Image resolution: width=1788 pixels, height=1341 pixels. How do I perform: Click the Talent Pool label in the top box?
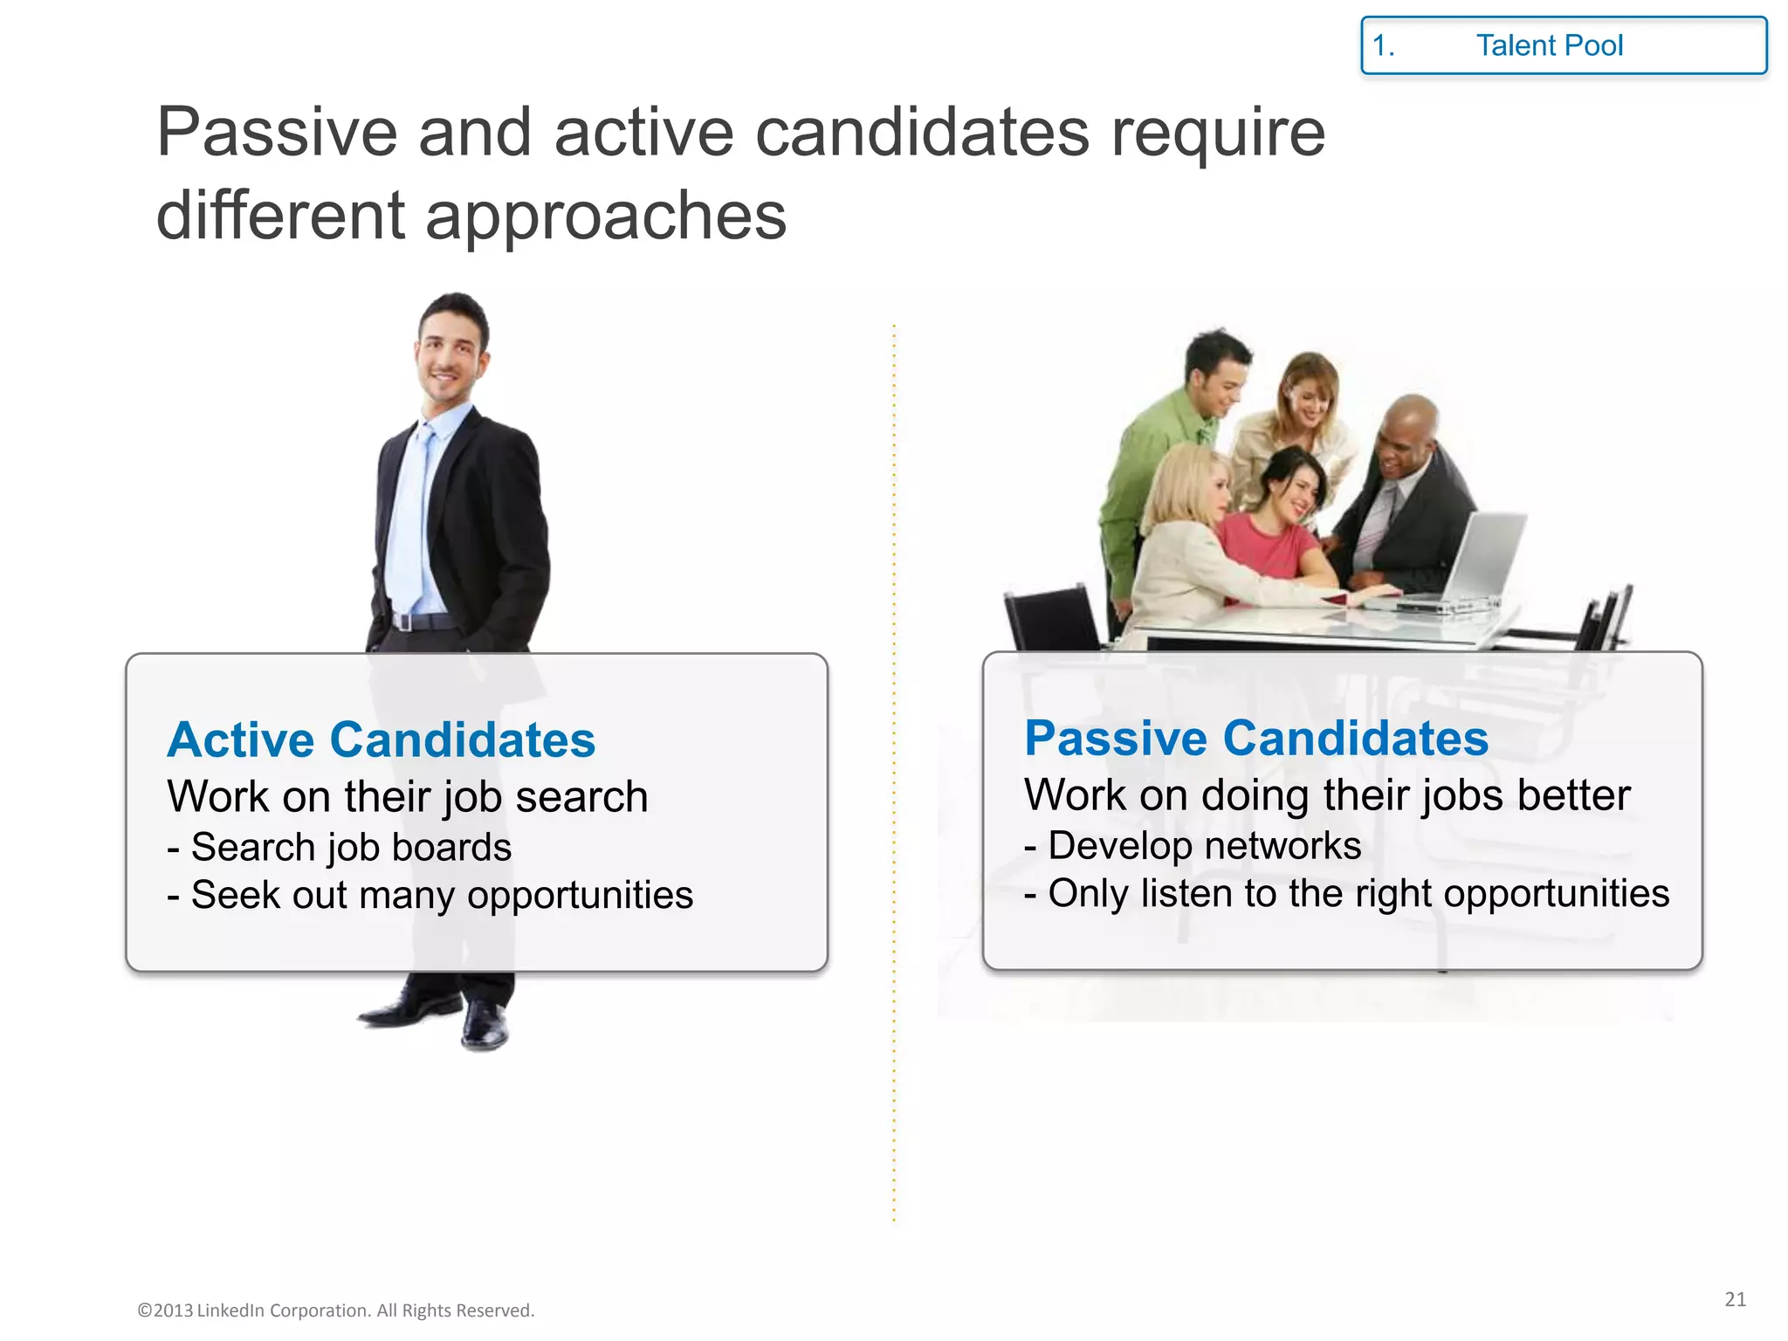(x=1549, y=45)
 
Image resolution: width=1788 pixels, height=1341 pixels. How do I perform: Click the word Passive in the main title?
(x=276, y=133)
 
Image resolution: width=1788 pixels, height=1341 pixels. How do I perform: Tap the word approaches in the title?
(x=605, y=217)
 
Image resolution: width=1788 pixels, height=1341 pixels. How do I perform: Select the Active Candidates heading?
(x=382, y=740)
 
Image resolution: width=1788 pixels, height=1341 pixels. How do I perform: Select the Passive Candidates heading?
(x=1255, y=739)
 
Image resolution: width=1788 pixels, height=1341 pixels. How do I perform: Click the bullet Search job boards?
(x=340, y=848)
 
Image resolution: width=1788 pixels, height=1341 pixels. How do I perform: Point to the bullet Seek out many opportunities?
(x=430, y=896)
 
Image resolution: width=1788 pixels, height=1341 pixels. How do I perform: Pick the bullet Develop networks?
(x=1193, y=846)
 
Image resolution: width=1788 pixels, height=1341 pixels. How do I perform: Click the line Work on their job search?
(x=408, y=797)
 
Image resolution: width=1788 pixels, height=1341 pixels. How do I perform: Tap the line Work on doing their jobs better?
(x=1327, y=795)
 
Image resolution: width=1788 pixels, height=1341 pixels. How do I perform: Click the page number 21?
(x=1735, y=1299)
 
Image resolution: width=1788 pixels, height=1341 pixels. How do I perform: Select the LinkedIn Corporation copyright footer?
(x=336, y=1310)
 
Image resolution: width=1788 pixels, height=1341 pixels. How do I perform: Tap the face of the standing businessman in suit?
(x=449, y=354)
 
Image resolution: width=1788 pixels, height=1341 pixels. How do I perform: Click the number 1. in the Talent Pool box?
(x=1384, y=45)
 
